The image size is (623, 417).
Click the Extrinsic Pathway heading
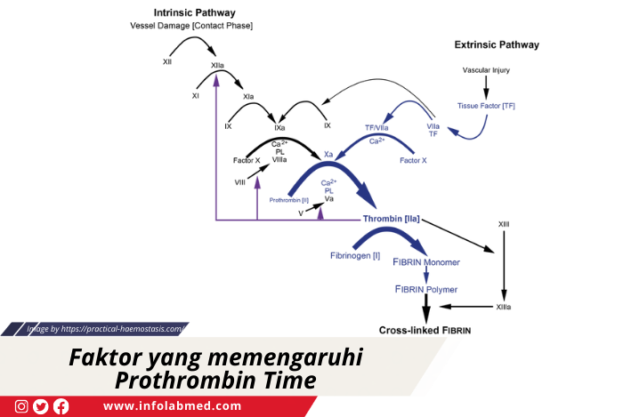click(x=496, y=44)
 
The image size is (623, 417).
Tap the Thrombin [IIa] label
click(x=391, y=219)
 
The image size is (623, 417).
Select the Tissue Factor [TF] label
click(x=486, y=105)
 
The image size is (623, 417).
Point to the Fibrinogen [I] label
click(x=355, y=256)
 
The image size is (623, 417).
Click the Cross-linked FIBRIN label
click(x=425, y=330)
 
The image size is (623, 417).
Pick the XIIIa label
click(x=503, y=307)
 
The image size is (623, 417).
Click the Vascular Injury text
click(x=486, y=70)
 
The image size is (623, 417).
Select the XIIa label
click(x=217, y=66)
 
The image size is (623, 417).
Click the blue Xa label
click(x=328, y=155)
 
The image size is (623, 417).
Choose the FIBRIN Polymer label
click(x=426, y=289)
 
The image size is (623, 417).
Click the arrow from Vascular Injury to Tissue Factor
click(x=486, y=87)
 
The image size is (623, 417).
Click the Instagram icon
click(x=21, y=406)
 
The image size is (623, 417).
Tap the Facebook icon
click(x=61, y=406)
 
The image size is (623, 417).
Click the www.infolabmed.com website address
click(x=172, y=406)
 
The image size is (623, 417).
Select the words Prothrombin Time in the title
click(x=215, y=381)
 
